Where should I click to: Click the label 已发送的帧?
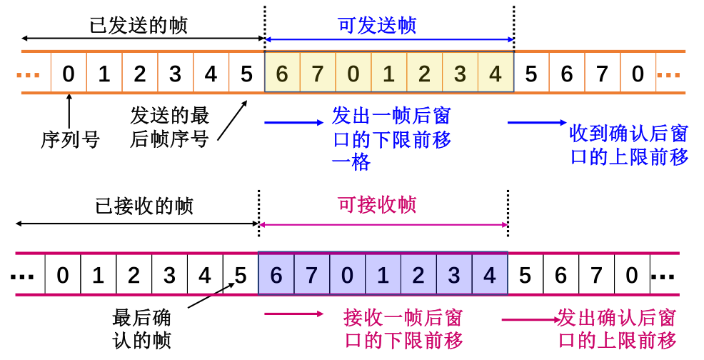(x=139, y=26)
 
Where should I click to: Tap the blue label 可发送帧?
(x=376, y=26)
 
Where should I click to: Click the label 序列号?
(x=70, y=139)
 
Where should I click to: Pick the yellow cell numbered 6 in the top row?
(x=282, y=74)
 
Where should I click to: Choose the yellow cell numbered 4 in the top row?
(x=496, y=74)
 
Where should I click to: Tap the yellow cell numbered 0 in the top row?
(x=353, y=74)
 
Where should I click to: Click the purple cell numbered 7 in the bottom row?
(x=311, y=275)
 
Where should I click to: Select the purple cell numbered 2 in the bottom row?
(x=418, y=275)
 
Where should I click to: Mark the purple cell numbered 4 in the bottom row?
(x=489, y=275)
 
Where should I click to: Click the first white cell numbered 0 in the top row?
(x=69, y=74)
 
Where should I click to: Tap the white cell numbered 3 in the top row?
(x=175, y=74)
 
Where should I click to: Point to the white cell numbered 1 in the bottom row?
(x=98, y=275)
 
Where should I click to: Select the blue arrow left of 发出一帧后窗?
(x=293, y=123)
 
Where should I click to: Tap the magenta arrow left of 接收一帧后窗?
(x=293, y=314)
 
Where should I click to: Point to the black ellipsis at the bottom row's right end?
(x=663, y=276)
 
